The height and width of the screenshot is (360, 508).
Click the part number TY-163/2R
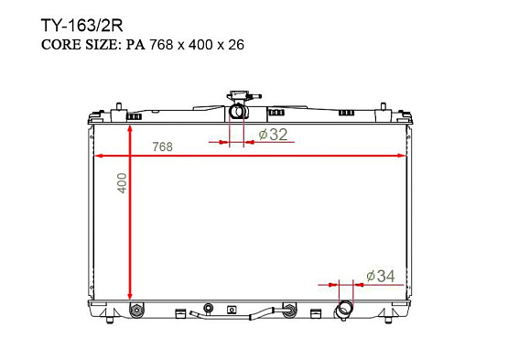pos(82,26)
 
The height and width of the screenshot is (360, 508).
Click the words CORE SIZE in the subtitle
pos(81,45)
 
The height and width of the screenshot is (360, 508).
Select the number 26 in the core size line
pos(236,45)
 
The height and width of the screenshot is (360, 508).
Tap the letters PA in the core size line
pos(135,45)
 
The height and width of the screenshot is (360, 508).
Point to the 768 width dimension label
pos(163,147)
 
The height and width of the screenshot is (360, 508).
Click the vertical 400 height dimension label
pos(122,183)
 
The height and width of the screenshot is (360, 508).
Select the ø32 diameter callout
pos(273,134)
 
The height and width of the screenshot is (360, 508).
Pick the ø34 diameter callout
pos(381,276)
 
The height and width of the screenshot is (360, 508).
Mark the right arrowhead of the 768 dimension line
pos(402,156)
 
